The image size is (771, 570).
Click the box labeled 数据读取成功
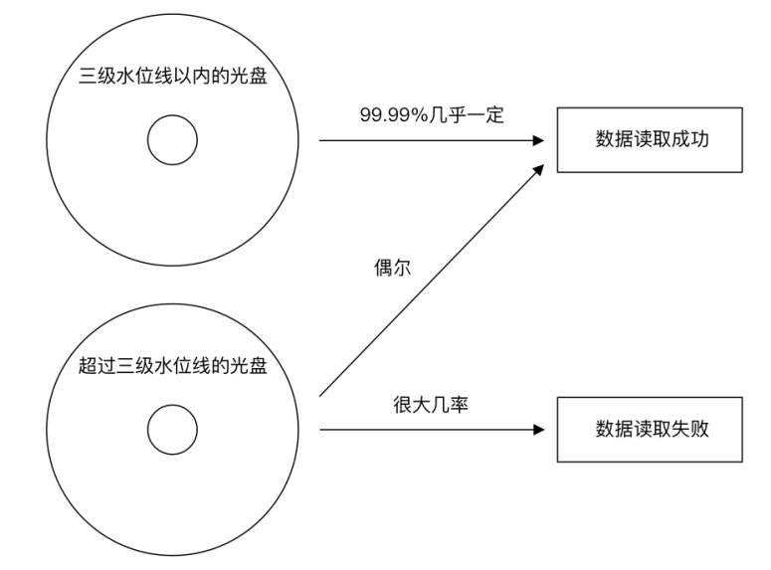[650, 140]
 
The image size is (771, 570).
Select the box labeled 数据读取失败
[650, 430]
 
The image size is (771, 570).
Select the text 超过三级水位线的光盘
[172, 365]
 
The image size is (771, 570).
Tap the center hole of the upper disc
[172, 142]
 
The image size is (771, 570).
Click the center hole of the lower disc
[172, 431]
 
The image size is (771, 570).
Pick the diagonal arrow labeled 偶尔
[428, 285]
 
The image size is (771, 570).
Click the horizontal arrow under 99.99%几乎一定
[428, 140]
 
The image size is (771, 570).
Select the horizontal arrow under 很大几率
[428, 430]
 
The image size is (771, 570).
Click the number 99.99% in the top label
[392, 114]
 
